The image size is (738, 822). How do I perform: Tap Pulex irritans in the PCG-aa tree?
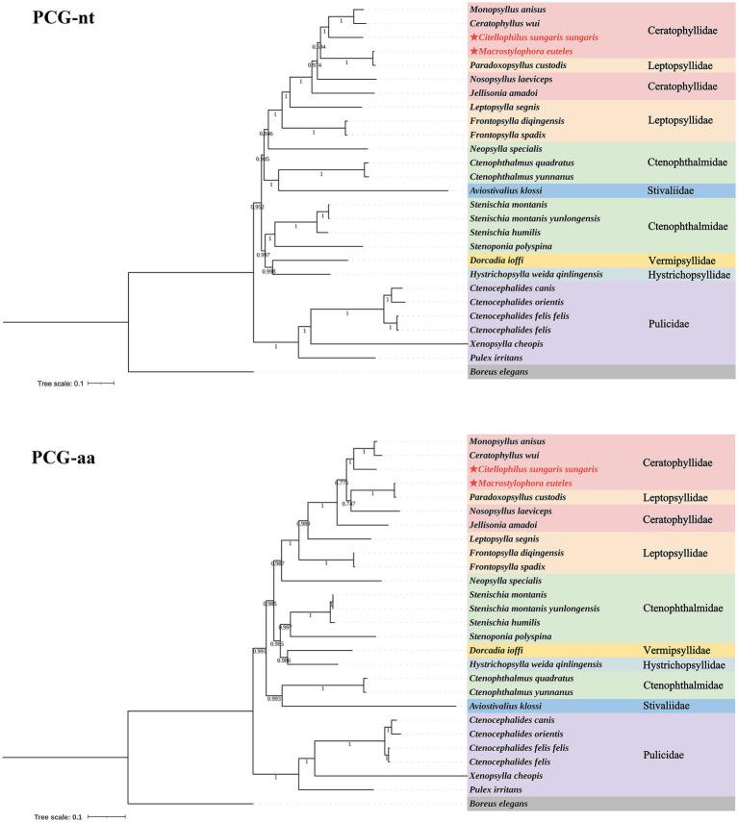click(x=501, y=788)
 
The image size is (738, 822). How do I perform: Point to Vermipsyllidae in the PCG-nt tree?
click(x=679, y=261)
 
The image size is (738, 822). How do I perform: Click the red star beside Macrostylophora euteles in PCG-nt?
click(x=473, y=50)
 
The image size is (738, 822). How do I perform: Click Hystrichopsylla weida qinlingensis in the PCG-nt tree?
click(x=535, y=274)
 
